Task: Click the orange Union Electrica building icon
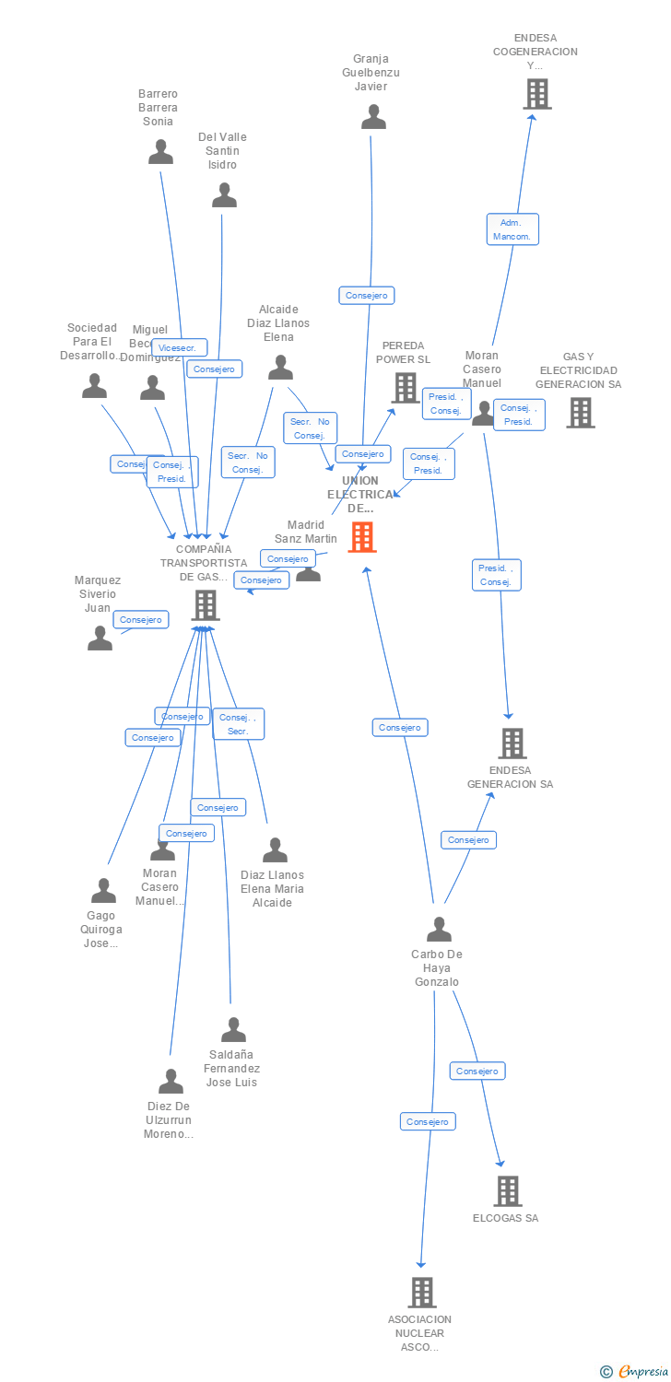pos(362,536)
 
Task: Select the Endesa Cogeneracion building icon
pos(536,94)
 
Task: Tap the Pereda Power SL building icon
pos(406,387)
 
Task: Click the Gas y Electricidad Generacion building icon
pos(580,413)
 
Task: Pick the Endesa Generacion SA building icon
pos(512,743)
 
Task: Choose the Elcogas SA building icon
pos(507,1191)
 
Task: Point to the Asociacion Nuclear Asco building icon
pos(421,1292)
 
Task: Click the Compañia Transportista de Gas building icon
pos(205,605)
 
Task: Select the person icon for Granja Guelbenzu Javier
pos(373,117)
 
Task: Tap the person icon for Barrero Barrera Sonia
pos(161,152)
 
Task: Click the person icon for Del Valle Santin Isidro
pos(224,195)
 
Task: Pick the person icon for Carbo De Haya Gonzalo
pos(439,929)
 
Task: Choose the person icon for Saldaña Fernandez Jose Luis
pos(233,1029)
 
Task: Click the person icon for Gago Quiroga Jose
pos(103,891)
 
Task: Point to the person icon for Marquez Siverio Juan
pos(100,638)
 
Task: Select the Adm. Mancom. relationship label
pos(512,229)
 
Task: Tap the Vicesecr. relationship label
pos(179,348)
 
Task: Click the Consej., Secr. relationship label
pos(239,724)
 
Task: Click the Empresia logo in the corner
pos(635,1372)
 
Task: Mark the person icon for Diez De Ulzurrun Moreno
pos(171,1081)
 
